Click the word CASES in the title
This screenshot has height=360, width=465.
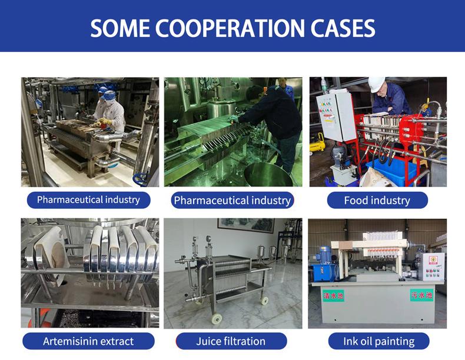click(x=343, y=28)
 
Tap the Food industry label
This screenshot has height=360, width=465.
click(x=377, y=201)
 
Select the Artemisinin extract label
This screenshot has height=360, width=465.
click(x=88, y=341)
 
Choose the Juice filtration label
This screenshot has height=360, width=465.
click(x=231, y=341)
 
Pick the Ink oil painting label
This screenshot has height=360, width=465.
click(x=378, y=341)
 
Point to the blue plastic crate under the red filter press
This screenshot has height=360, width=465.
click(x=391, y=171)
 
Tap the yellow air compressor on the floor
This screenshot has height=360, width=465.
click(x=317, y=143)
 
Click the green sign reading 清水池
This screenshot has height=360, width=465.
click(x=333, y=295)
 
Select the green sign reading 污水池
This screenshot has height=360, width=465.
click(x=421, y=295)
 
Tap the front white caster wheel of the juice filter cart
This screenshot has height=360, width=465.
click(x=217, y=318)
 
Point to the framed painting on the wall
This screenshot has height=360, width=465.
click(x=246, y=225)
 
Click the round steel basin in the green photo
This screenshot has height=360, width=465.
click(x=267, y=175)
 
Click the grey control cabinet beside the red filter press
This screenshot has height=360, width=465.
click(x=336, y=116)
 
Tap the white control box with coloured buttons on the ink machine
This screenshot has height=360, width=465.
click(x=434, y=266)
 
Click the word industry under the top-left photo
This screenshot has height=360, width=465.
click(x=122, y=199)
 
